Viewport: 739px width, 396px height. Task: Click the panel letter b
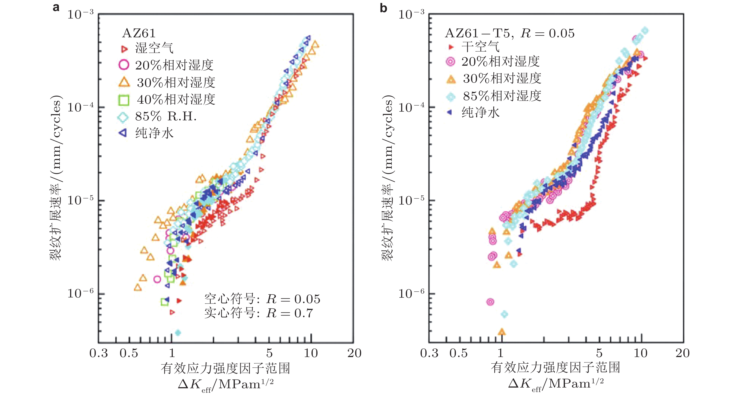(x=383, y=8)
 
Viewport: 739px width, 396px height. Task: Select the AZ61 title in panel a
(x=139, y=33)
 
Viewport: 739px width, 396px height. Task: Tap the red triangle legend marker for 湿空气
(x=124, y=49)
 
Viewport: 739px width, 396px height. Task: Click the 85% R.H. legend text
(x=166, y=116)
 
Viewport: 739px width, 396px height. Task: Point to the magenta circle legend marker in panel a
(x=124, y=65)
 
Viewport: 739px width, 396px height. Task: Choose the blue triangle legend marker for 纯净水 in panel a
(x=123, y=133)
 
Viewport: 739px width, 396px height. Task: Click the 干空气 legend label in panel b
(x=480, y=47)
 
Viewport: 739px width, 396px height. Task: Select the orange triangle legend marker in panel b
(x=451, y=79)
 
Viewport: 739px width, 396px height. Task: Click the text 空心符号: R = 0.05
(x=262, y=299)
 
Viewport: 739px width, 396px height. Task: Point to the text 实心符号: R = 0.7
(x=259, y=313)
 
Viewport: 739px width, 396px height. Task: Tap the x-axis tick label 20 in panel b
(x=682, y=353)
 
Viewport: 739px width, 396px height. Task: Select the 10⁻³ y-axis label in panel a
(x=80, y=14)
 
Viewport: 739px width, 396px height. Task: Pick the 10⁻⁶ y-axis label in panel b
(x=411, y=293)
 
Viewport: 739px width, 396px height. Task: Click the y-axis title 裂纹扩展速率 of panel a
(x=56, y=178)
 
